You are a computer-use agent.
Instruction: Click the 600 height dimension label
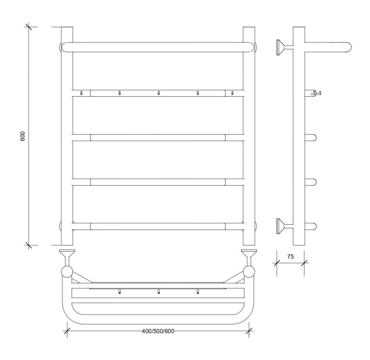pos(23,136)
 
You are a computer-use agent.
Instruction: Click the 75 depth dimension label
pos(291,256)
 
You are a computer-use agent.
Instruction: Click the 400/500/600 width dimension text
pos(158,331)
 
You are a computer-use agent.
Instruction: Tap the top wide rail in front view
pos(159,47)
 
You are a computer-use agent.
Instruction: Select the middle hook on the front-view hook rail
pos(159,93)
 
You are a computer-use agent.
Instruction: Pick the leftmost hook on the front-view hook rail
pos(81,93)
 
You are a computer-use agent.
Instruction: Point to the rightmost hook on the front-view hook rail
pos(232,93)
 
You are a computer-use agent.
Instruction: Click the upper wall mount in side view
pos(285,48)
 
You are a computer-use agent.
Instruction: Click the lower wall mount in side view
pos(285,226)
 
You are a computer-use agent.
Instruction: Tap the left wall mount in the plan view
pos(67,257)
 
